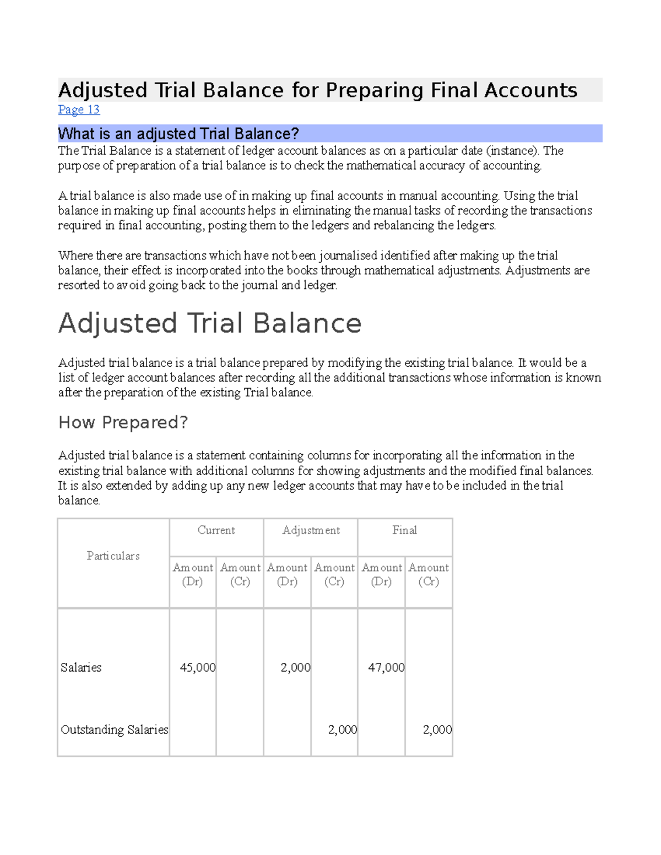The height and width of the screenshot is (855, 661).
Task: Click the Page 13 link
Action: tap(79, 110)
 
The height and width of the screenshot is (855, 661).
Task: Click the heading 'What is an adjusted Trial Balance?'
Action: tap(178, 134)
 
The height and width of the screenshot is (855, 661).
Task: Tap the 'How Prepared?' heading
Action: tap(123, 422)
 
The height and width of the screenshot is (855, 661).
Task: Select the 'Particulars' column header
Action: tap(113, 556)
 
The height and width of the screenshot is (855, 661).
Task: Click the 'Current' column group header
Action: tap(216, 530)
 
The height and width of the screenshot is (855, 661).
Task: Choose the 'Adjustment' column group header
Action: tap(311, 530)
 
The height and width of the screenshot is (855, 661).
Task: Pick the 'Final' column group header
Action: tap(404, 530)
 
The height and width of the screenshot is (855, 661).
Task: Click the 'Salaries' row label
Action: tap(81, 667)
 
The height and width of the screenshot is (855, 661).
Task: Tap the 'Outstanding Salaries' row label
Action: tap(114, 729)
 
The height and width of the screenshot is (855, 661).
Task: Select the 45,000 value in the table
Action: tap(197, 667)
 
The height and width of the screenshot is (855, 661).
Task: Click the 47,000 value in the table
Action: tap(386, 667)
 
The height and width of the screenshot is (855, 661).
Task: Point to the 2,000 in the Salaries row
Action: tap(295, 667)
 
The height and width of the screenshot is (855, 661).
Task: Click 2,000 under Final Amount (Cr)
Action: tap(437, 729)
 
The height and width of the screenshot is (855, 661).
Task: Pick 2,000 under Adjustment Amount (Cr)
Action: tap(342, 729)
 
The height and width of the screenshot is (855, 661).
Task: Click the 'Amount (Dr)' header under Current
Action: tap(192, 574)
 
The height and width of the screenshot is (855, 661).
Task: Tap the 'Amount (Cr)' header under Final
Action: tap(429, 574)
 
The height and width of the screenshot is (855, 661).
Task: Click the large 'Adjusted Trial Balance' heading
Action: tap(210, 323)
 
